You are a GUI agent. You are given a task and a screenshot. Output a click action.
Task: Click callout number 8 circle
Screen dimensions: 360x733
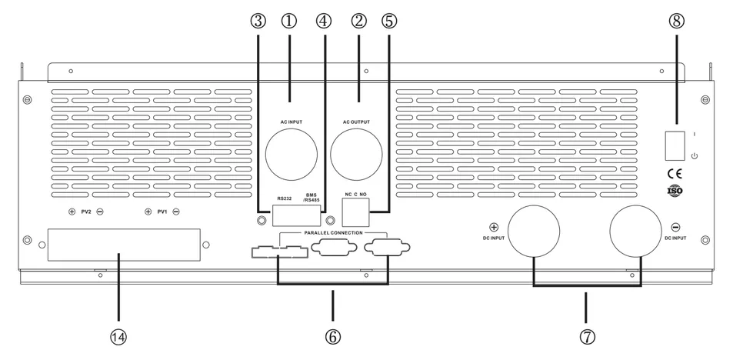coord(676,21)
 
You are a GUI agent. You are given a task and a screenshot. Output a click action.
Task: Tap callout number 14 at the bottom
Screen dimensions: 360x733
coord(118,336)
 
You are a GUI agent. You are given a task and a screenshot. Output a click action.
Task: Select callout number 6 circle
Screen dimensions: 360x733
coord(332,336)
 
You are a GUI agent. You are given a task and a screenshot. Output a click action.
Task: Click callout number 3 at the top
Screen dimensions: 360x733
coord(258,21)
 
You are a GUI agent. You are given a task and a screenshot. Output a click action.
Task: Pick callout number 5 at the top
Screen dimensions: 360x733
coord(389,21)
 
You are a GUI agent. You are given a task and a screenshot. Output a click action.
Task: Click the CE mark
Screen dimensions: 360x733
coord(671,172)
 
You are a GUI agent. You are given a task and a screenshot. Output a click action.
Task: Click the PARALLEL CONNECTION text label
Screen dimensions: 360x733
coord(332,232)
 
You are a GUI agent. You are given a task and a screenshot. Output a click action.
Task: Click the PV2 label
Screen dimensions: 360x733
coord(85,211)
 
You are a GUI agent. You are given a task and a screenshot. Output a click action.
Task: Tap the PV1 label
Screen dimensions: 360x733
coord(162,211)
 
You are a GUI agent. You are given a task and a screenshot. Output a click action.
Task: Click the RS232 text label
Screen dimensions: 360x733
coord(284,198)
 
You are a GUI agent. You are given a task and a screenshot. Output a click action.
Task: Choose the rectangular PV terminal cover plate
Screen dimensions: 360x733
coord(118,245)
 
